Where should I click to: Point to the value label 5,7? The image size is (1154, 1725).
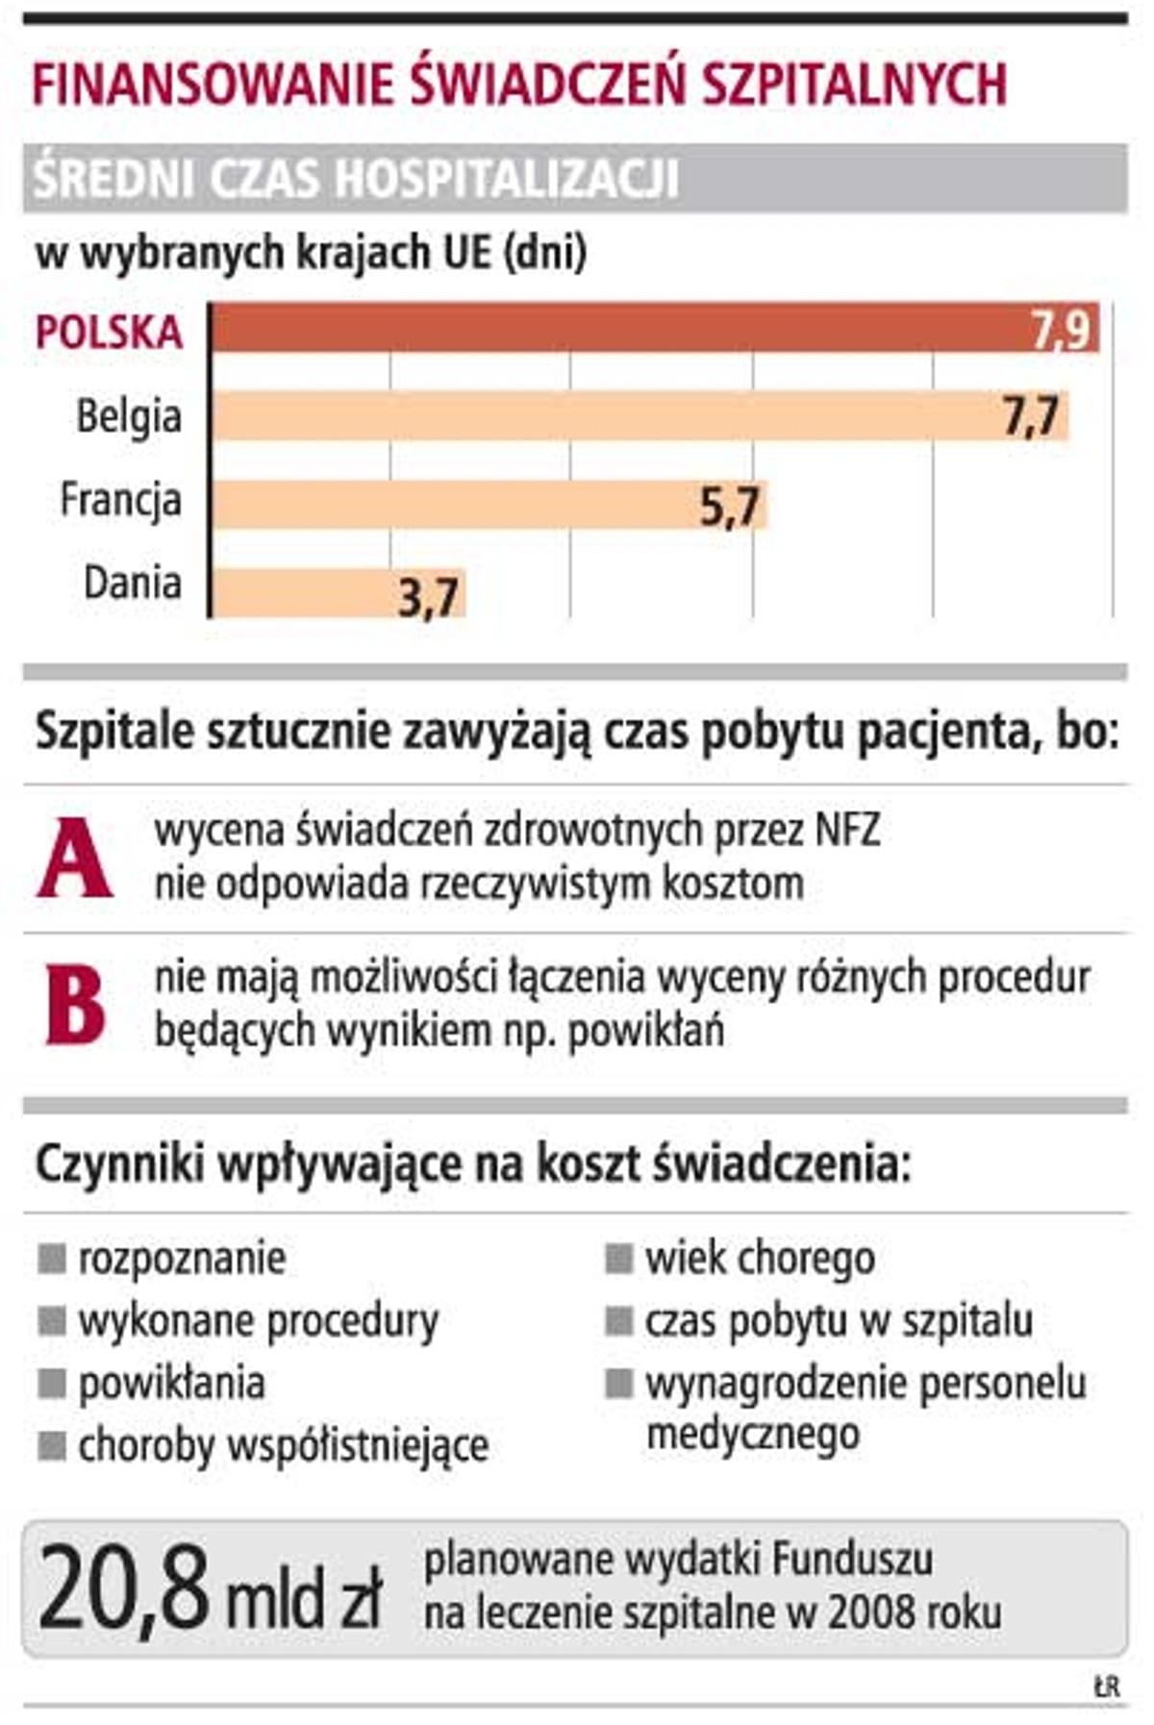(x=729, y=506)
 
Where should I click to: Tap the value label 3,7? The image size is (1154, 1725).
(x=428, y=598)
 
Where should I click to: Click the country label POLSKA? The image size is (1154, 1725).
(x=109, y=333)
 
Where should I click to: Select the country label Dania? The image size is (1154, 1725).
(x=132, y=583)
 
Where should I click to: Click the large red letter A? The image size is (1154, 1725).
(x=75, y=858)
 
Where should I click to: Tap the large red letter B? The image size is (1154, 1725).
(x=75, y=1005)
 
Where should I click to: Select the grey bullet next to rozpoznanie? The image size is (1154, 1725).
(x=52, y=1258)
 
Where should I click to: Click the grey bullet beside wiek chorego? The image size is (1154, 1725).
(x=618, y=1258)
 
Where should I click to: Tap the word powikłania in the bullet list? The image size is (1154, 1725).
(x=171, y=1383)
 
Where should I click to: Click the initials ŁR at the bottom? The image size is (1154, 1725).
(x=1106, y=1686)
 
